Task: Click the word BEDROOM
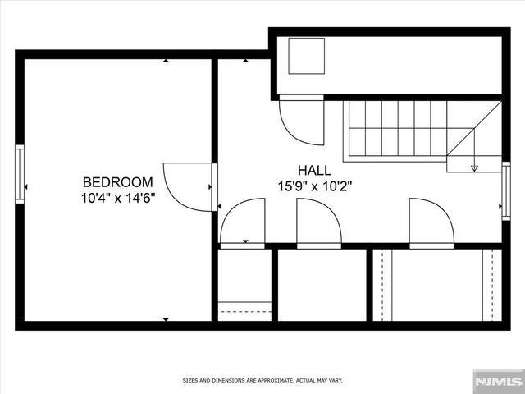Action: [x=118, y=182]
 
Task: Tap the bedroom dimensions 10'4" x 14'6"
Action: [x=118, y=198]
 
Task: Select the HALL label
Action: [x=314, y=171]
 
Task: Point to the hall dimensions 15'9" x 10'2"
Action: [x=315, y=186]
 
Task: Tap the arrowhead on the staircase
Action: [x=475, y=168]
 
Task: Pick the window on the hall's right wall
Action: [x=505, y=190]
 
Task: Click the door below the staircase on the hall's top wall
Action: [x=300, y=120]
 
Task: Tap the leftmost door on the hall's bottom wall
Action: [x=242, y=223]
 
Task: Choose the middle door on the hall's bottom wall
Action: [x=318, y=223]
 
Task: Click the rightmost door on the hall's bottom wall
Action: [x=431, y=223]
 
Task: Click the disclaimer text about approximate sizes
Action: [x=262, y=381]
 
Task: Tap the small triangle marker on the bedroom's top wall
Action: [x=166, y=61]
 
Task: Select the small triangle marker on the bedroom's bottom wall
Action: [x=166, y=318]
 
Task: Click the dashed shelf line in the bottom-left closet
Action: [x=244, y=313]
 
